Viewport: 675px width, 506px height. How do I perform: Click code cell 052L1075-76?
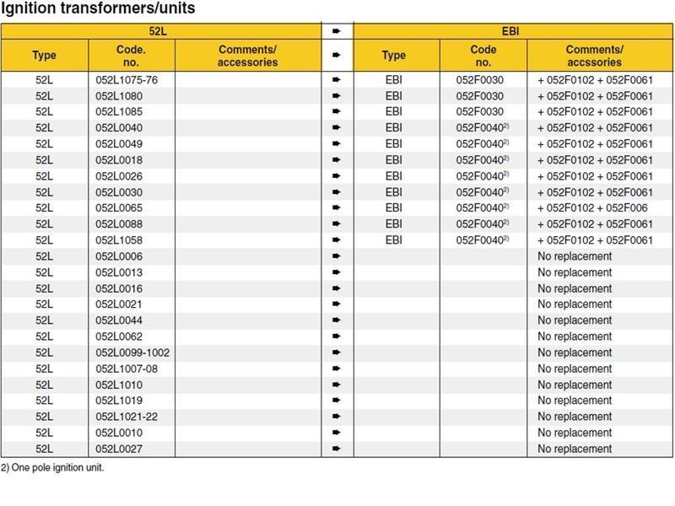pos(127,79)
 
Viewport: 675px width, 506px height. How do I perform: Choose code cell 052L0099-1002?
pos(132,353)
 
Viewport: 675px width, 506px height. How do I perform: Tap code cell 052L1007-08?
pos(127,369)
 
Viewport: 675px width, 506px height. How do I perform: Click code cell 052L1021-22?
pos(127,417)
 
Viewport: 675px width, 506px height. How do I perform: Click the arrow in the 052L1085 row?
pos(337,111)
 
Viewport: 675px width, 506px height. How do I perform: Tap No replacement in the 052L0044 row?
pos(575,320)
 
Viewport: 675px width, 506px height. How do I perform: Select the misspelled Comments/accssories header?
pos(594,56)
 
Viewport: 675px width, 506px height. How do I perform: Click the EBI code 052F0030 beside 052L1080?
pos(479,95)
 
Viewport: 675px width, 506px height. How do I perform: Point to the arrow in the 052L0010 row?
pos(337,433)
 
